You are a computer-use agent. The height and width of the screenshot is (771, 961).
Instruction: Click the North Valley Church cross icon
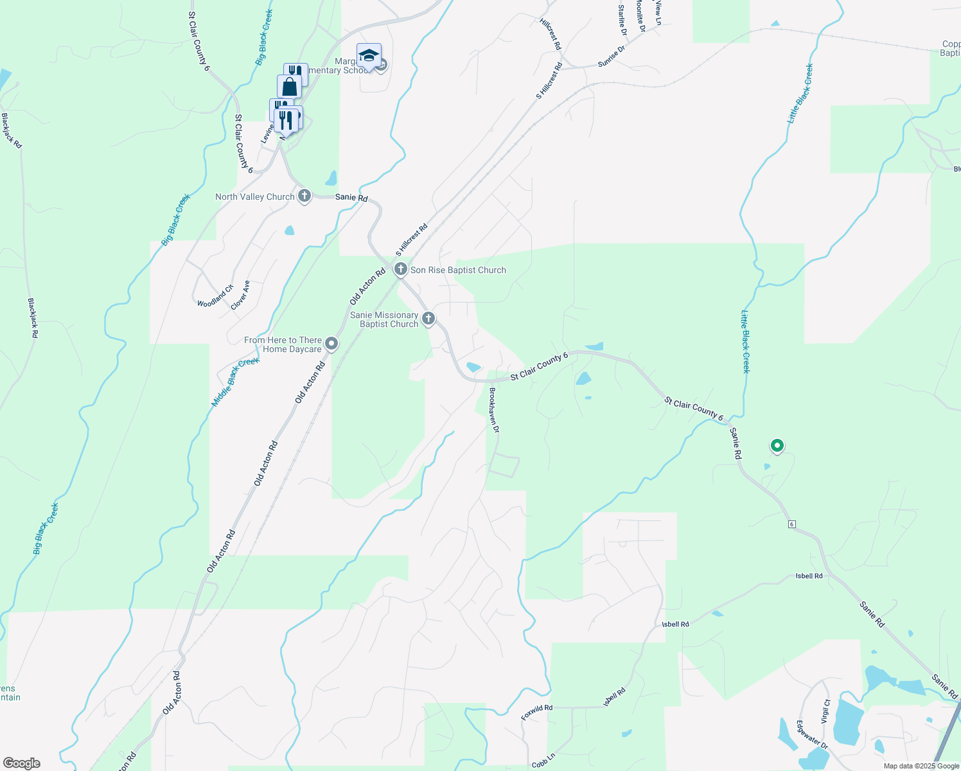click(304, 196)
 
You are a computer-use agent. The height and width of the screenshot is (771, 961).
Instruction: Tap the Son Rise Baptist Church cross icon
click(401, 269)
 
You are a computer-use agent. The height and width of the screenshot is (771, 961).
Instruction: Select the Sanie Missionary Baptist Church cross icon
click(428, 319)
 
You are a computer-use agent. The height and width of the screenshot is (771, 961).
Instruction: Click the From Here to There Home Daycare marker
click(331, 344)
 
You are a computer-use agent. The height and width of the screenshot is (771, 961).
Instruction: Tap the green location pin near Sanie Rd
click(777, 445)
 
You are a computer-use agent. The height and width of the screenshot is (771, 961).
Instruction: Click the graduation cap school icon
click(369, 56)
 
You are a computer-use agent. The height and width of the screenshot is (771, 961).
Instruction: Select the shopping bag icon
click(289, 87)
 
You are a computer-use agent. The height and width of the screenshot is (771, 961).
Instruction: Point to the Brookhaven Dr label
click(493, 411)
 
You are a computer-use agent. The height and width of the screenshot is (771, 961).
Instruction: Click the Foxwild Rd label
click(537, 712)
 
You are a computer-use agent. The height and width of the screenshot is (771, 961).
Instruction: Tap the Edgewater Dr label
click(812, 735)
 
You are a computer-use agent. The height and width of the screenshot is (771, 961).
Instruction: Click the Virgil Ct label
click(825, 712)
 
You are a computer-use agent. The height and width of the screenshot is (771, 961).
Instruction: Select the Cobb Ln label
click(543, 763)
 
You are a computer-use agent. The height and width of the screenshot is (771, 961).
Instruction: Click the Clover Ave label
click(241, 295)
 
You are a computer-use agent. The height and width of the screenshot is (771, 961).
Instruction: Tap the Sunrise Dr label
click(612, 57)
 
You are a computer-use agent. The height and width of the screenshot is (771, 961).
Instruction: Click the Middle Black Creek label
click(236, 382)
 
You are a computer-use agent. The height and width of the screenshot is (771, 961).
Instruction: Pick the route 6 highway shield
click(792, 524)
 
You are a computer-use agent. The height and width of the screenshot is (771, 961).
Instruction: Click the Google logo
click(21, 763)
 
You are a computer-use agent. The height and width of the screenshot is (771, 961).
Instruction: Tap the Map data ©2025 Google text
click(921, 766)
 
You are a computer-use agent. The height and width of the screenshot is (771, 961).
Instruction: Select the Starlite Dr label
click(622, 20)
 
